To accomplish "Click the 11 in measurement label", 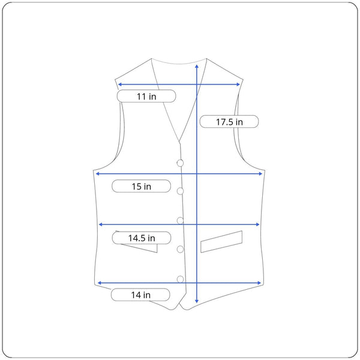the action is [146, 96].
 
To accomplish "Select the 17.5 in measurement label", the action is [229, 122].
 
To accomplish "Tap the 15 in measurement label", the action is [141, 186].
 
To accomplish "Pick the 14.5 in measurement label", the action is [142, 238].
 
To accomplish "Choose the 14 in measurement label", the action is [140, 295].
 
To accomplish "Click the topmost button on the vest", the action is [180, 163].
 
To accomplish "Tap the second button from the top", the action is [180, 191].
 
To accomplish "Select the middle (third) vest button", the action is [180, 221].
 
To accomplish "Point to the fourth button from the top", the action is [180, 249].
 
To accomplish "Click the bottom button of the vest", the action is [180, 279].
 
